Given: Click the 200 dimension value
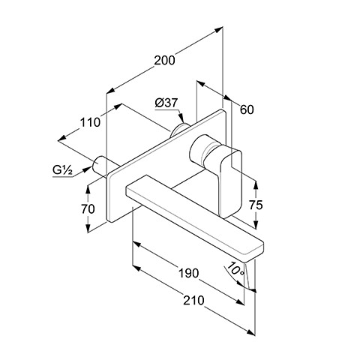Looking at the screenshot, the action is click(x=164, y=61).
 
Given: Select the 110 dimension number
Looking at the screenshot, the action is click(x=90, y=122).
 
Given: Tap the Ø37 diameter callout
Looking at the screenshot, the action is click(x=166, y=103).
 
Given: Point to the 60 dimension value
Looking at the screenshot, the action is click(x=247, y=109).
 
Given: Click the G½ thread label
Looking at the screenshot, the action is click(x=62, y=170).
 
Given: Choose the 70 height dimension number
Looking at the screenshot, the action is click(x=88, y=209).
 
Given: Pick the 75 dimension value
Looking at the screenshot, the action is click(x=256, y=205).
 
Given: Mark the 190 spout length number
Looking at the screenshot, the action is click(x=189, y=273).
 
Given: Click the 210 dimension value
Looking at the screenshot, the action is click(x=193, y=300).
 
